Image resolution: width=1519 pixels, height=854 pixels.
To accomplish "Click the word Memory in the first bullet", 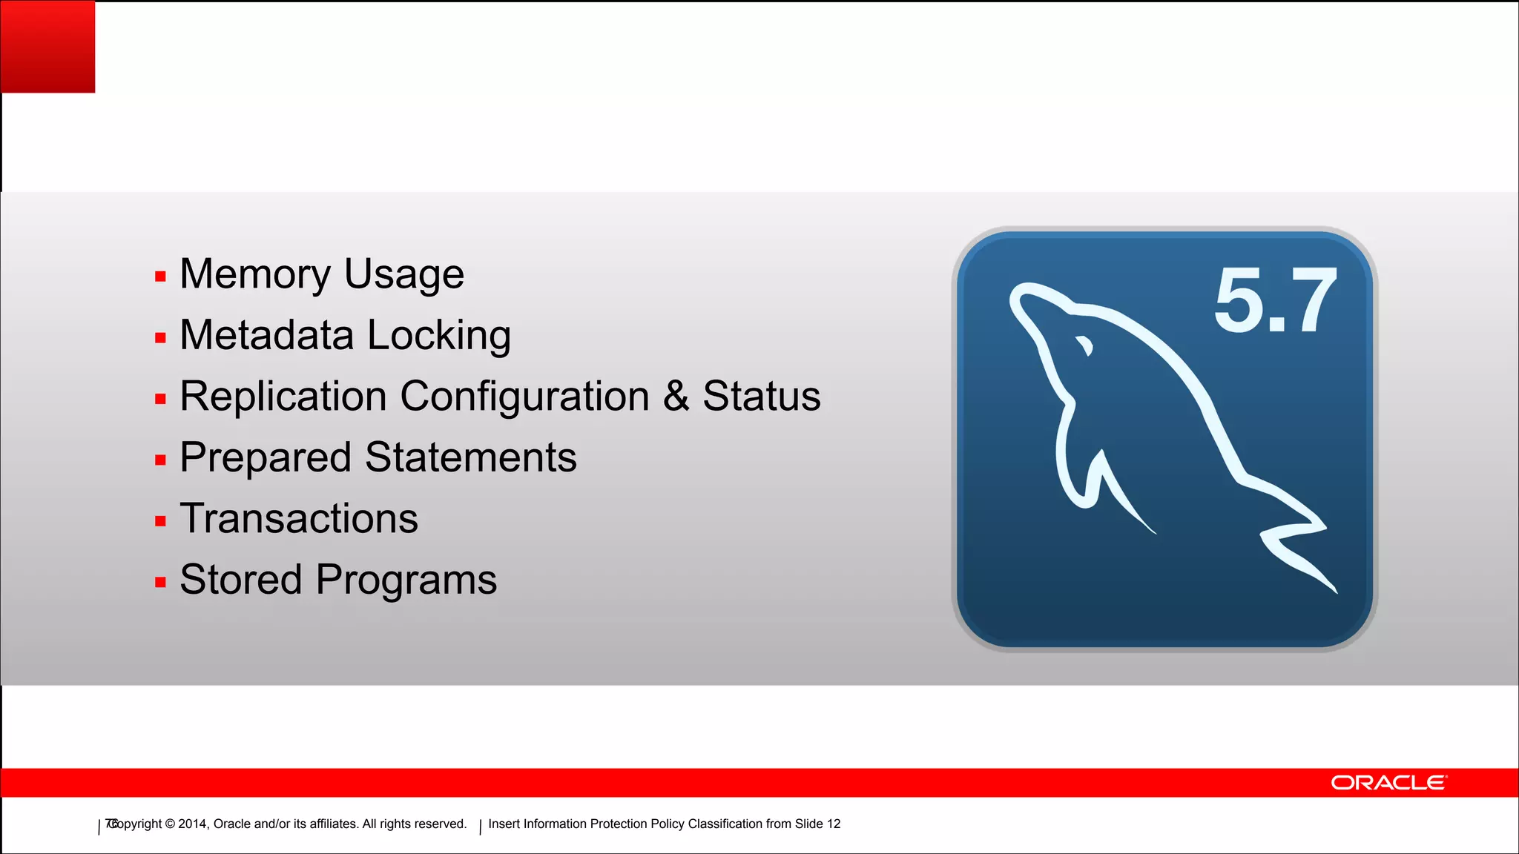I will (254, 274).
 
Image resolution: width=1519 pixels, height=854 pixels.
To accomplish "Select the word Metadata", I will (267, 335).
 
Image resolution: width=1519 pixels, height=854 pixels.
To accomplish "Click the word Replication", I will (283, 396).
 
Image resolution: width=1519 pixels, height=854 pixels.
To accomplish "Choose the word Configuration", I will (525, 397).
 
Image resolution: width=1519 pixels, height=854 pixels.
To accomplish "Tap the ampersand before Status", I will (676, 396).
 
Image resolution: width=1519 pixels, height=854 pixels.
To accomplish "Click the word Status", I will (762, 396).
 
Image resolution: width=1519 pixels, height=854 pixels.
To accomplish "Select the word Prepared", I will (265, 458).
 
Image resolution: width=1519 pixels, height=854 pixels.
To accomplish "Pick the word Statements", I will (471, 457).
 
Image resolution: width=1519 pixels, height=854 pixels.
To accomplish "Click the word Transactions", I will (299, 518).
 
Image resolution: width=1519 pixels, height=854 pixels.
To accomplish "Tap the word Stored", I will (241, 579).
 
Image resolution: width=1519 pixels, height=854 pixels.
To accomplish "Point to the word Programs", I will (406, 580).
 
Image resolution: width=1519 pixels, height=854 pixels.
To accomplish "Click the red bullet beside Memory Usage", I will (160, 277).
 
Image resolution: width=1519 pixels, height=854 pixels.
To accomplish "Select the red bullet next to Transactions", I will (160, 521).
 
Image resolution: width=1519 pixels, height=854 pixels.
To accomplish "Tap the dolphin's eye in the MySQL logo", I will (1085, 345).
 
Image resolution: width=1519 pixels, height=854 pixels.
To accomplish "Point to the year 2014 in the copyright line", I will (192, 824).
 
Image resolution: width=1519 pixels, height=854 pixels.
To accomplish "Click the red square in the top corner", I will (47, 46).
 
